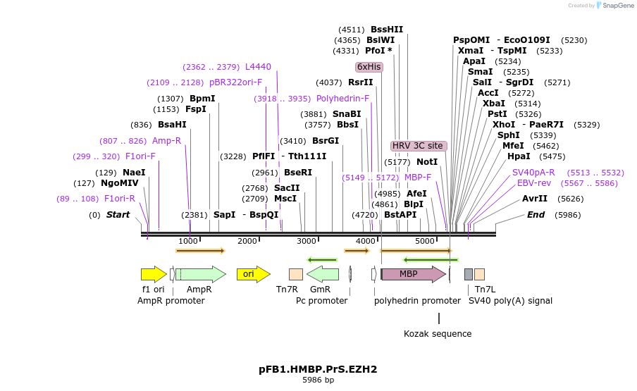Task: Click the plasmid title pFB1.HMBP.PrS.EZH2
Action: coord(318,369)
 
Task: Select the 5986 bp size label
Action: coord(318,380)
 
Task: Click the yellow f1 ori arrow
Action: coord(154,274)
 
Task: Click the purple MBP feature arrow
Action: coord(413,274)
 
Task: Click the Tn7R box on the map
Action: coord(296,274)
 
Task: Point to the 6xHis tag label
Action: coord(369,67)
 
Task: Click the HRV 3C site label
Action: coord(419,146)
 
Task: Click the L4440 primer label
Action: coord(258,67)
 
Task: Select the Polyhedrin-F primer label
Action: coord(342,99)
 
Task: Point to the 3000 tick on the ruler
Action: coord(307,242)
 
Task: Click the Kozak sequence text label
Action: coord(438,334)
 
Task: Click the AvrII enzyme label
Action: coord(535,199)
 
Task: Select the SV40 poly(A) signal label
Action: coord(510,301)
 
